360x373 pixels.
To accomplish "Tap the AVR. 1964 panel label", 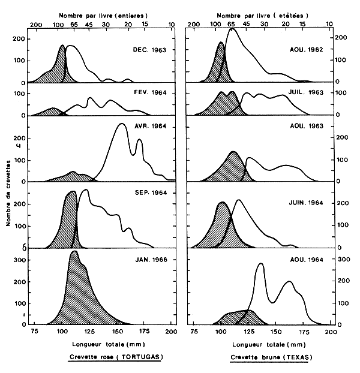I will pos(150,126).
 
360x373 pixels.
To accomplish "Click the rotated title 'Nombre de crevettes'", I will pos(9,192).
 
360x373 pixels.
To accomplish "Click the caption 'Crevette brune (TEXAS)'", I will pos(268,358).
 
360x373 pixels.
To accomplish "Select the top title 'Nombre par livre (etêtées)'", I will pos(260,13).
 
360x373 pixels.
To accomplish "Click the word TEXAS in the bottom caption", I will pos(291,358).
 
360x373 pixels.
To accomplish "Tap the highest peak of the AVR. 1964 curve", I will pos(122,124).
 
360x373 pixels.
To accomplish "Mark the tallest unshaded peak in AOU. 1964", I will pos(260,264).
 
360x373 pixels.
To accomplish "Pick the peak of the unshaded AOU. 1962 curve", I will pos(232,29).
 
